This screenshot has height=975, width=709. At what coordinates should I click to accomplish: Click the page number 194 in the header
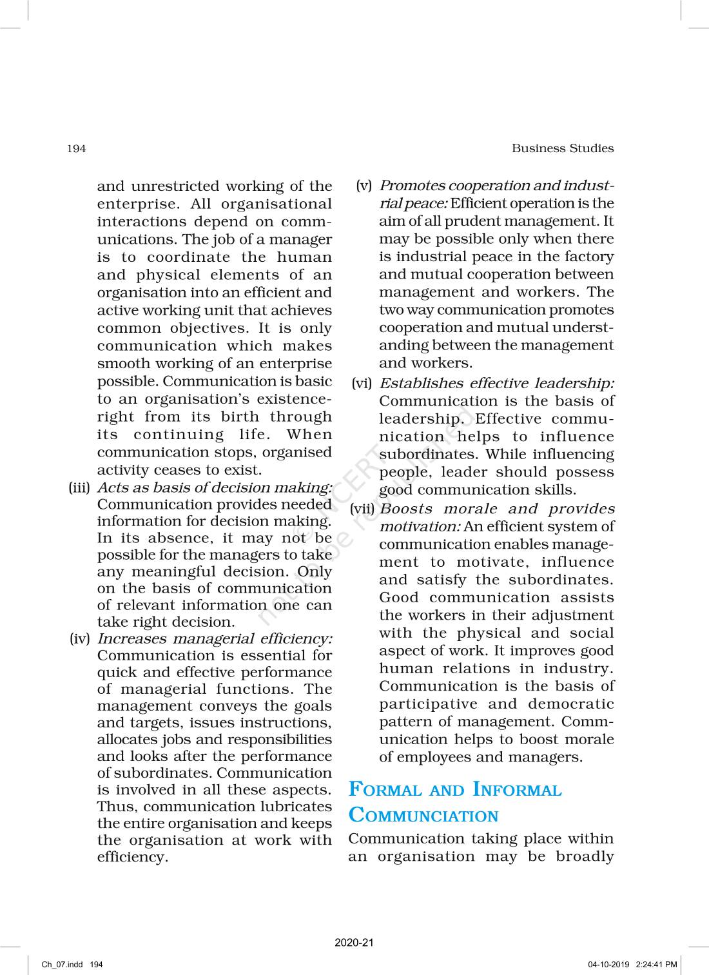(x=76, y=149)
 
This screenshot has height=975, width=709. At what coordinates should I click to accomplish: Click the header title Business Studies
(x=562, y=148)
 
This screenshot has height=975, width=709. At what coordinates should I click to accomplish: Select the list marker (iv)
(x=80, y=639)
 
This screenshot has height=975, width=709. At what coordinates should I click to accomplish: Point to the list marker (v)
(x=364, y=186)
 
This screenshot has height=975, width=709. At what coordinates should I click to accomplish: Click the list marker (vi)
(x=362, y=384)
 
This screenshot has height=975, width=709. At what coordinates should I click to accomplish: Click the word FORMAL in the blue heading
(x=383, y=790)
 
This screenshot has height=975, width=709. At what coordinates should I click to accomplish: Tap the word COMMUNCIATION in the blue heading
(x=423, y=816)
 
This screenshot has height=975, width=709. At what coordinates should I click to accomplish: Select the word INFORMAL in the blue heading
(x=517, y=790)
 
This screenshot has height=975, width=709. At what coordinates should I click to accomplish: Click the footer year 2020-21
(x=354, y=943)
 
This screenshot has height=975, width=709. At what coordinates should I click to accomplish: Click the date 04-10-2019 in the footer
(x=609, y=965)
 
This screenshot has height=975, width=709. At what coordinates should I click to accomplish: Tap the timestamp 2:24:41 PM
(x=656, y=965)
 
